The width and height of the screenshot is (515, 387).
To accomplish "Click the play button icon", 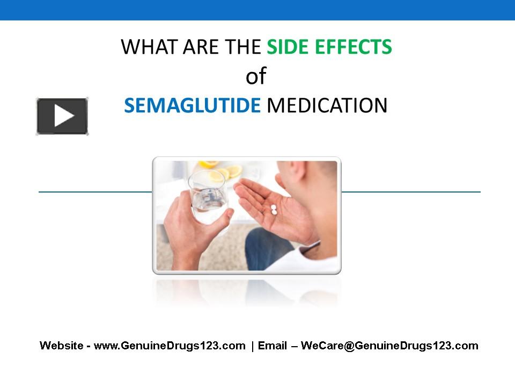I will pyautogui.click(x=62, y=116).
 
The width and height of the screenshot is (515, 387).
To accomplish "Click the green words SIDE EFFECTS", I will pyautogui.click(x=329, y=47).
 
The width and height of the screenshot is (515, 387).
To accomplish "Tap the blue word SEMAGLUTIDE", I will pyautogui.click(x=192, y=105).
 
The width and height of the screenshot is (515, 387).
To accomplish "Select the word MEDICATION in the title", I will pyautogui.click(x=327, y=105).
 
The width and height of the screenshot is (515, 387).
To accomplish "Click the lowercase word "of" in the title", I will pyautogui.click(x=256, y=77).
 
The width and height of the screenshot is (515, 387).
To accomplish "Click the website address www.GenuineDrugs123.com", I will pyautogui.click(x=170, y=346).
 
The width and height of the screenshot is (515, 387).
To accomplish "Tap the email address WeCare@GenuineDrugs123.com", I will pyautogui.click(x=389, y=346).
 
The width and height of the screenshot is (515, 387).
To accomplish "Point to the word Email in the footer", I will pyautogui.click(x=273, y=346).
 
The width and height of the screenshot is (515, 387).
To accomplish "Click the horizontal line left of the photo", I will pyautogui.click(x=95, y=191).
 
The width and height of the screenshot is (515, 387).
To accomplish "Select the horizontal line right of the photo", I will pyautogui.click(x=411, y=191).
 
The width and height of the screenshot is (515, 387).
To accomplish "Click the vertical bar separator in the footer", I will pyautogui.click(x=252, y=346).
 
